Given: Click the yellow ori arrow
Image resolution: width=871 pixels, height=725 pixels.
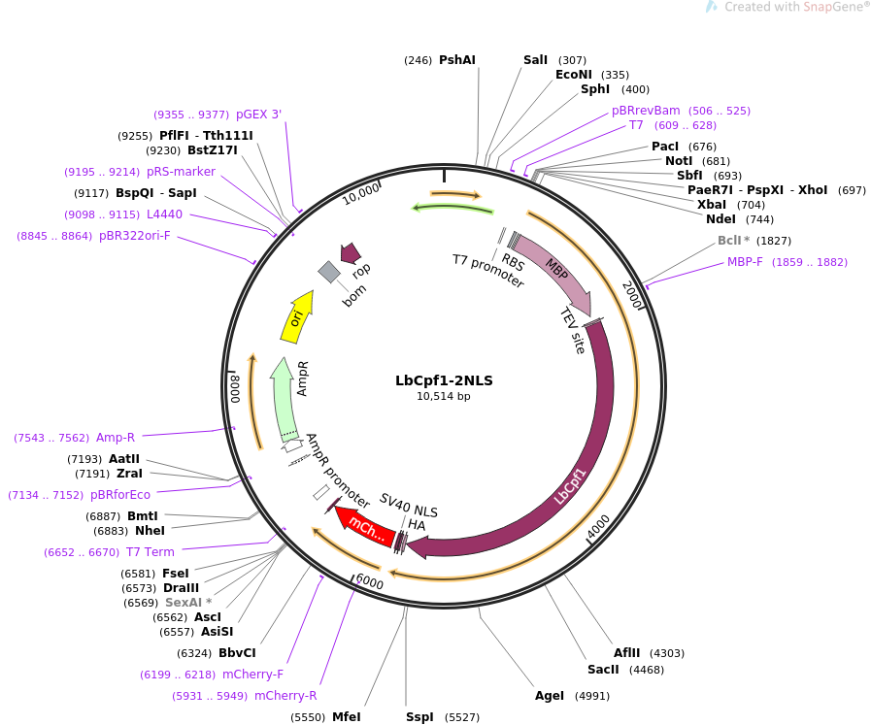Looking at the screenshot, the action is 297,317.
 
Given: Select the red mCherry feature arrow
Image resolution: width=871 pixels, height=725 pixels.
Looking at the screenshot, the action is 364,526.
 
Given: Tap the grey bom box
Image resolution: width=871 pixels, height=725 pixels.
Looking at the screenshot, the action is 329,272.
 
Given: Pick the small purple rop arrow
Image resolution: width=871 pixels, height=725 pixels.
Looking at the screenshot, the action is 351,252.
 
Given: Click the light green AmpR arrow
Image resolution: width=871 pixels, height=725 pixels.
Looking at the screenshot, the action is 284,400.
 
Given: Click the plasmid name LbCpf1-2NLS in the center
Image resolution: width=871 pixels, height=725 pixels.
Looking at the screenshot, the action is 444,380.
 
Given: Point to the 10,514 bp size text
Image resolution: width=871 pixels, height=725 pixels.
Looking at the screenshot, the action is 444,396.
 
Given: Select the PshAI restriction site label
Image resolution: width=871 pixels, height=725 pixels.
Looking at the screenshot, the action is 457,60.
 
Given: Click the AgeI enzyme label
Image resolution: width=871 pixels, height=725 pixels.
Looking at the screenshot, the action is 550,696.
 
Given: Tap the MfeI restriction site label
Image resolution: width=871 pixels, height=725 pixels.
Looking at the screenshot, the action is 346,717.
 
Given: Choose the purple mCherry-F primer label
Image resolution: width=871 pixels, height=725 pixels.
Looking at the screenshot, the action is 252,675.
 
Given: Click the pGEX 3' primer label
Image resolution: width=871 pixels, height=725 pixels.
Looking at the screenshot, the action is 259,115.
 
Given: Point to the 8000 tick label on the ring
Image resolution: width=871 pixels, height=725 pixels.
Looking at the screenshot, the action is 235,388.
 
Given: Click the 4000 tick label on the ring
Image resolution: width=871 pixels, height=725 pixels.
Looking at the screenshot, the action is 599,526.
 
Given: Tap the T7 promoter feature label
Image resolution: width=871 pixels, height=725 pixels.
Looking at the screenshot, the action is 488,271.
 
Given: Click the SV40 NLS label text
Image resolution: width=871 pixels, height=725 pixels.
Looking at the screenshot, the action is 408,505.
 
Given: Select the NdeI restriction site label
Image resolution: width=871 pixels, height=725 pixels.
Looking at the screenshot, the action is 721,219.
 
